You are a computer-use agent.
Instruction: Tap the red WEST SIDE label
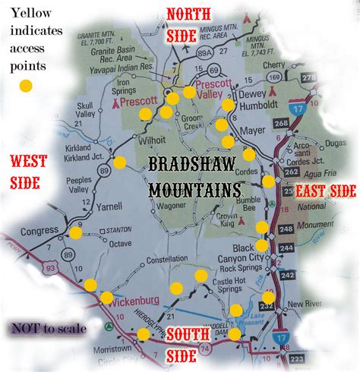pyautogui.click(x=28, y=171)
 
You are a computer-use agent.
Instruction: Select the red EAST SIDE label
pyautogui.click(x=325, y=191)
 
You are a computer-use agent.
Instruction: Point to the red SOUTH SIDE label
pyautogui.click(x=189, y=342)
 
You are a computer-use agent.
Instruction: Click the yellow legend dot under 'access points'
pyautogui.click(x=26, y=85)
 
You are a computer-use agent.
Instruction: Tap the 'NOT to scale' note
pyautogui.click(x=47, y=329)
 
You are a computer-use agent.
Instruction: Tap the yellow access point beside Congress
pyautogui.click(x=74, y=233)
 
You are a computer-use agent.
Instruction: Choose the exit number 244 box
pyautogui.click(x=287, y=248)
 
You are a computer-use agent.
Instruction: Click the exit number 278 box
pyautogui.click(x=308, y=77)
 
